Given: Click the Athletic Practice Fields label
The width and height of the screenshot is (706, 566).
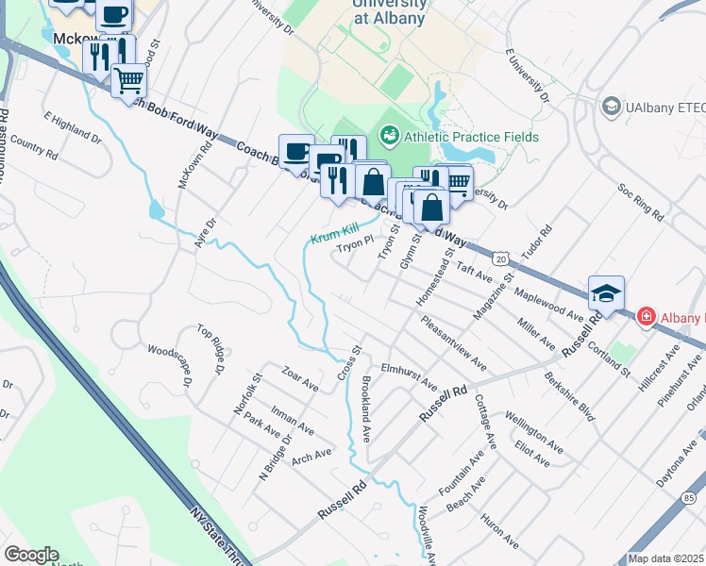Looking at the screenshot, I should click(x=471, y=137).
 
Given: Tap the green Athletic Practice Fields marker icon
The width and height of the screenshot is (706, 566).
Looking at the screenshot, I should click(x=388, y=137).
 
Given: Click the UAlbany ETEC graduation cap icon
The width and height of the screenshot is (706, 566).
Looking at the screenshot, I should click(x=610, y=107).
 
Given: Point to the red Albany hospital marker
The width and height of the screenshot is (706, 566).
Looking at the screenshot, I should click(x=647, y=316).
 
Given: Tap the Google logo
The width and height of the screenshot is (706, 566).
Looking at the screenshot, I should click(x=31, y=555).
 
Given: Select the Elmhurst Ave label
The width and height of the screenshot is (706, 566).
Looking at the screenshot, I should click(x=409, y=377).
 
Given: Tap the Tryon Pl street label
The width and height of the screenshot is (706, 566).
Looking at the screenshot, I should click(x=357, y=246).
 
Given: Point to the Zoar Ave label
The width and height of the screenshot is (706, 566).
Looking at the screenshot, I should click(x=301, y=378).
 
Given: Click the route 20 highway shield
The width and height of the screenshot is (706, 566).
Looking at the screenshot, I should click(x=500, y=257).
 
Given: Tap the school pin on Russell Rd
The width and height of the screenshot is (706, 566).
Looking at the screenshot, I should click(x=605, y=293).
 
